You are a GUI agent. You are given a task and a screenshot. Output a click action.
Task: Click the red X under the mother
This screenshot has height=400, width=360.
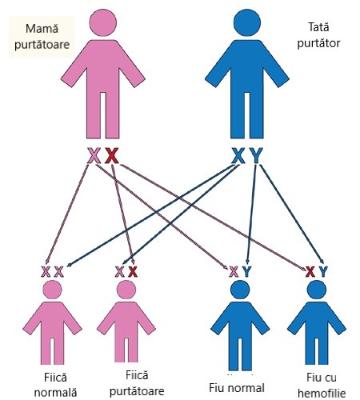111,155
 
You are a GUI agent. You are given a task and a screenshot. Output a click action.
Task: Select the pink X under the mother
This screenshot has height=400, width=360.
94,155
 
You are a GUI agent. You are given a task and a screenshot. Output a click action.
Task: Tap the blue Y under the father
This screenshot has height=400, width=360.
256,155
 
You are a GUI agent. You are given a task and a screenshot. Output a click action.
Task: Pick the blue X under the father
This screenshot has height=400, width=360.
238,155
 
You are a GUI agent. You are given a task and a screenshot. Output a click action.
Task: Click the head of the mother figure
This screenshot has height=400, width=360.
103,22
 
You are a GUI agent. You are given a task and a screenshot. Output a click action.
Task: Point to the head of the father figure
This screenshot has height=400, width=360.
247,22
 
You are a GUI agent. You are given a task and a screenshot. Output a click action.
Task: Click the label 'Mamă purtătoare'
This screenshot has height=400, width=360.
42,37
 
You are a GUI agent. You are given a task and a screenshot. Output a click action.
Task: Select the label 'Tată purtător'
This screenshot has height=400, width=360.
318,35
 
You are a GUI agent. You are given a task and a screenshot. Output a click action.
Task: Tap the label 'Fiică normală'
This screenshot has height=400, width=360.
55,385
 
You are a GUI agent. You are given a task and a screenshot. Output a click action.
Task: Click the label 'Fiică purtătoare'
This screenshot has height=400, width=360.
137,383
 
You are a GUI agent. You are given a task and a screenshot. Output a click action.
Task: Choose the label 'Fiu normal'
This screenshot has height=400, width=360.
237,388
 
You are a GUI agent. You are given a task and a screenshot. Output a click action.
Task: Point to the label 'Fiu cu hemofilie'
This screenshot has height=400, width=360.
322,386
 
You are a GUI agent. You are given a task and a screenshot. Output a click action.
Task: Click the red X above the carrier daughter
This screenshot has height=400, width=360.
133,272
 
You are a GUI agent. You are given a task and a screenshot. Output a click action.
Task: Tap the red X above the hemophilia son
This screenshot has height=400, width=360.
310,272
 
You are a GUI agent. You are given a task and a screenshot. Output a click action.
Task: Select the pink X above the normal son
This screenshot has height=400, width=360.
234,272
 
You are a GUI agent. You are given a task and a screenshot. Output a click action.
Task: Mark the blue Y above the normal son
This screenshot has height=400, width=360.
246,272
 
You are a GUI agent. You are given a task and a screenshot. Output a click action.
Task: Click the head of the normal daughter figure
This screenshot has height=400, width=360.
52,290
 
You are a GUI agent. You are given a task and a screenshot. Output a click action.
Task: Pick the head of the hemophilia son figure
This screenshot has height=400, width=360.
317,290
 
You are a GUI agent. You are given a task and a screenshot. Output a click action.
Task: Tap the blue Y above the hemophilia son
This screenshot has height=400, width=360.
323,272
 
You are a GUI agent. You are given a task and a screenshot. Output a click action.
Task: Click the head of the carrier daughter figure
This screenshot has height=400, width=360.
126,290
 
